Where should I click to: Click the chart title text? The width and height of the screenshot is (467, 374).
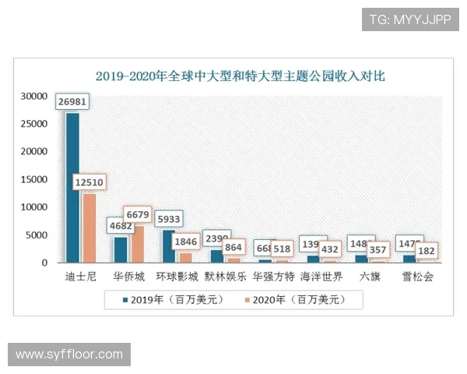[240, 76]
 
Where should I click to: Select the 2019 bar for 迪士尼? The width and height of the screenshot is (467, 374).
[72, 187]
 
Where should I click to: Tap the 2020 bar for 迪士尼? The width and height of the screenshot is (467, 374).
[89, 228]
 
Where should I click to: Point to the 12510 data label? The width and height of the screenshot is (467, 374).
[90, 182]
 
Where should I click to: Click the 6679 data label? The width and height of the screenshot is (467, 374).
[138, 214]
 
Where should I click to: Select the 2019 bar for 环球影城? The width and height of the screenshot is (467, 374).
[169, 245]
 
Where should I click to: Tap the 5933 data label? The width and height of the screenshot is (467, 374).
[169, 218]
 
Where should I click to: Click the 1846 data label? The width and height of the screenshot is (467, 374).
[185, 242]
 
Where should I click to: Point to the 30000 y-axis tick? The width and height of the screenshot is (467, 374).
[35, 97]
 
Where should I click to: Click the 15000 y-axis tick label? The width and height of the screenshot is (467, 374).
[35, 180]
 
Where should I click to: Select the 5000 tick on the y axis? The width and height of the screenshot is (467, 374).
[38, 235]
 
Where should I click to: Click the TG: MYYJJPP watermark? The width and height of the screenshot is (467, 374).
[410, 19]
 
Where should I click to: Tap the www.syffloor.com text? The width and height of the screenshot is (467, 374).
[69, 355]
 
